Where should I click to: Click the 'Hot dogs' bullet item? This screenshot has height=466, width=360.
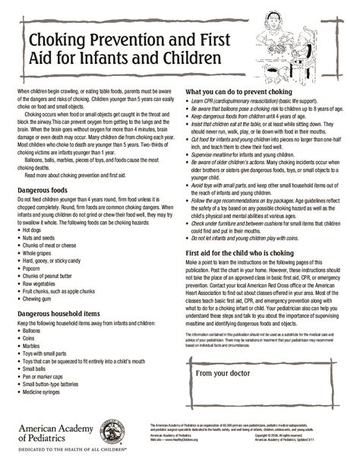pos(35,229)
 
